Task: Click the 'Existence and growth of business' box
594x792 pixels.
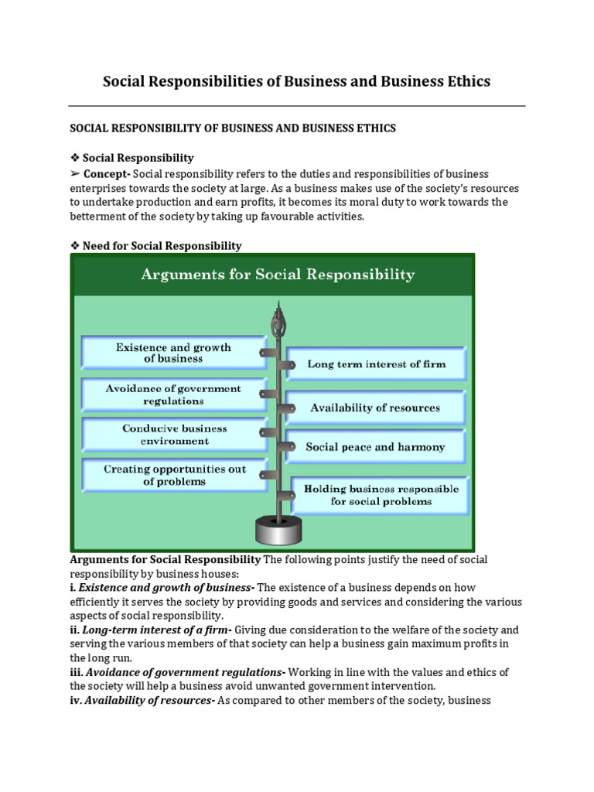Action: point(173,353)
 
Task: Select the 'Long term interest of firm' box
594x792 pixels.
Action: point(377,364)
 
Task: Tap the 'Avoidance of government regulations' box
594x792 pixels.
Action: point(173,394)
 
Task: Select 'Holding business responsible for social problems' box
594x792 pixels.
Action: point(381,495)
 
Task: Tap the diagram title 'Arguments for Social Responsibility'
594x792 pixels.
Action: point(277,275)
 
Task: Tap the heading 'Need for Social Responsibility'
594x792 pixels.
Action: point(162,246)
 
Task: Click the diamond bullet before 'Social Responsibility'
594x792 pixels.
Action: point(75,158)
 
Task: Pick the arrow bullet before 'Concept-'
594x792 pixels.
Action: point(75,173)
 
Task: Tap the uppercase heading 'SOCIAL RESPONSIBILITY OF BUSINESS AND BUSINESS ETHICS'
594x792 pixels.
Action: point(233,128)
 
